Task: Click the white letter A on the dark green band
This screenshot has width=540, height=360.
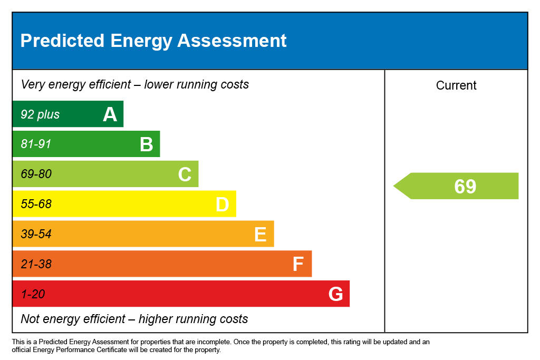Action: point(110,114)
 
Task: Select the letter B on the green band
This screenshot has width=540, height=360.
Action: point(146,144)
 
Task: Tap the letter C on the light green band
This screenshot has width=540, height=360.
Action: point(185,174)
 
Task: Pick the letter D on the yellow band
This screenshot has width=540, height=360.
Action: point(222,205)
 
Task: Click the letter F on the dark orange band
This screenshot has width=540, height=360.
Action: point(298,264)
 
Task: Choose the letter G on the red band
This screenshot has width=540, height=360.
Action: point(335,294)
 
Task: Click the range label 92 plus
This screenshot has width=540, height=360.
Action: point(40,114)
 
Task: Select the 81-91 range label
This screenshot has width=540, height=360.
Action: point(36,144)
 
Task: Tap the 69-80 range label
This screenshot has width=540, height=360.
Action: point(36,174)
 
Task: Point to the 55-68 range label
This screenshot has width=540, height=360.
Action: point(36,204)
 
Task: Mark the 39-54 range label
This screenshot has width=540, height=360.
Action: point(36,234)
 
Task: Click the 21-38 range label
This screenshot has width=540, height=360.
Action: point(36,264)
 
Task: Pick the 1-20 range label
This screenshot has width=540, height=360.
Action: point(33,294)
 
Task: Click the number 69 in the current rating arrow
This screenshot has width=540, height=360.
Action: point(465,187)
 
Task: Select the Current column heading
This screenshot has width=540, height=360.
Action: point(456,85)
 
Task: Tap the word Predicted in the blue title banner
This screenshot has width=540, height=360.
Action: point(62,41)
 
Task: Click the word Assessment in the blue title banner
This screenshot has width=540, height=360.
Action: point(232,41)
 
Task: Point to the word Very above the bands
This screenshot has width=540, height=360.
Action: point(33,84)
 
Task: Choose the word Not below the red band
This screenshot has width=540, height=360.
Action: point(30,319)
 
